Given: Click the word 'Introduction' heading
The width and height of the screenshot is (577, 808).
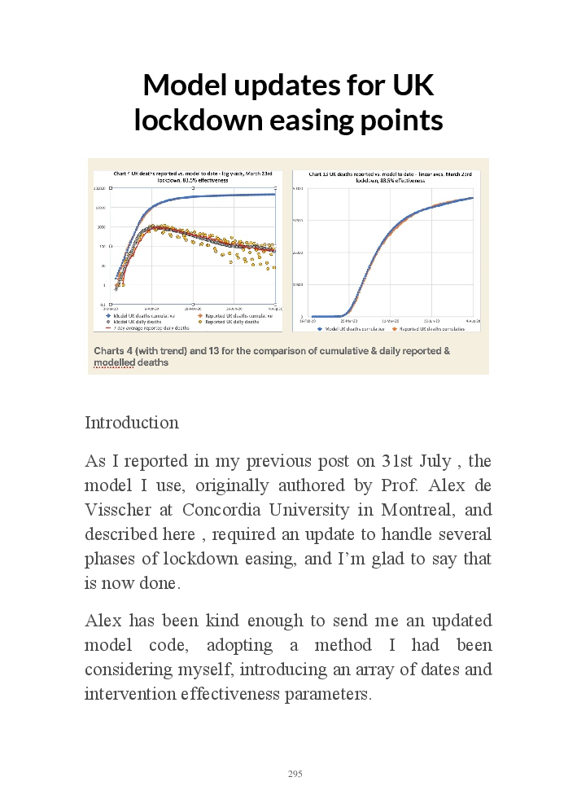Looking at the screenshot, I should point(132,423).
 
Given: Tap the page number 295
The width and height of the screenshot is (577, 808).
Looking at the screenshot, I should point(295,774).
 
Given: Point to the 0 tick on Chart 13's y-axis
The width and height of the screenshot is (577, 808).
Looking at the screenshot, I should point(302,316).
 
